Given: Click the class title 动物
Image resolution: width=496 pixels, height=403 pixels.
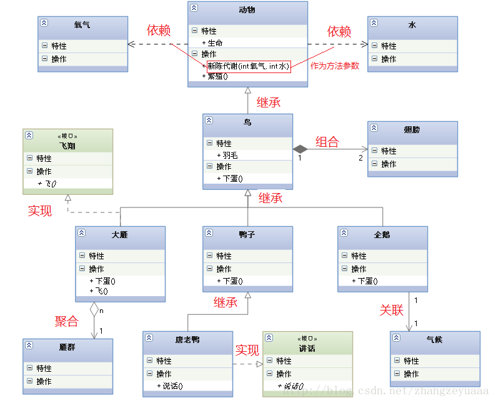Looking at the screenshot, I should (x=247, y=10).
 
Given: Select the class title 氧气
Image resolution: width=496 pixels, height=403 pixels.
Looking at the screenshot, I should (x=82, y=25).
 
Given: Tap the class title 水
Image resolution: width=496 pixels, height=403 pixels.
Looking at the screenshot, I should (x=412, y=25).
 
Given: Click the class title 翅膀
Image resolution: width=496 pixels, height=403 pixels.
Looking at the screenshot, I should (x=412, y=130).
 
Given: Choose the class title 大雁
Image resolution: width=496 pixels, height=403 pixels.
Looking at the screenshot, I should (x=119, y=235).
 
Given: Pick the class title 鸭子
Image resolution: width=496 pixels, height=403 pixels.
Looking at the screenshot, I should (x=247, y=235).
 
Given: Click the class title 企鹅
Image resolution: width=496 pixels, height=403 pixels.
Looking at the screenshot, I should (x=382, y=235).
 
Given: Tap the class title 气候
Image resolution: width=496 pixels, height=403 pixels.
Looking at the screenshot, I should (x=434, y=340).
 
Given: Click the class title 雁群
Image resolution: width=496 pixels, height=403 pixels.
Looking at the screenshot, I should (x=67, y=347).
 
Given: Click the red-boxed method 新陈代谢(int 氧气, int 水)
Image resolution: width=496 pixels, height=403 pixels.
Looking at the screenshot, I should (x=248, y=66).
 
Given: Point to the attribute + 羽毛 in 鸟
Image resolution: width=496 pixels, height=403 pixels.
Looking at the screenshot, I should (x=227, y=155).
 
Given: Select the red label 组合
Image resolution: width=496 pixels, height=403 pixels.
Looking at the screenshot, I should (x=327, y=142).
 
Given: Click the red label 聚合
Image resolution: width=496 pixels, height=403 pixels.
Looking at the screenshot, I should (x=67, y=322).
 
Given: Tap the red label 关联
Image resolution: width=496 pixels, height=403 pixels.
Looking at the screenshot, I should (x=392, y=310).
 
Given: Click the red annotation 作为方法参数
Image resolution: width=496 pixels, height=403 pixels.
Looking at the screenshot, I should (x=335, y=66).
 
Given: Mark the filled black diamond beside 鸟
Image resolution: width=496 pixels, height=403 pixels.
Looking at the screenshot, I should (x=300, y=149).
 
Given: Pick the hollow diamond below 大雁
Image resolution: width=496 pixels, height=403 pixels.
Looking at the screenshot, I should (x=94, y=309).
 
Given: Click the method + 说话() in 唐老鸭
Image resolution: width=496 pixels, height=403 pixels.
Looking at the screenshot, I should (x=170, y=386).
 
